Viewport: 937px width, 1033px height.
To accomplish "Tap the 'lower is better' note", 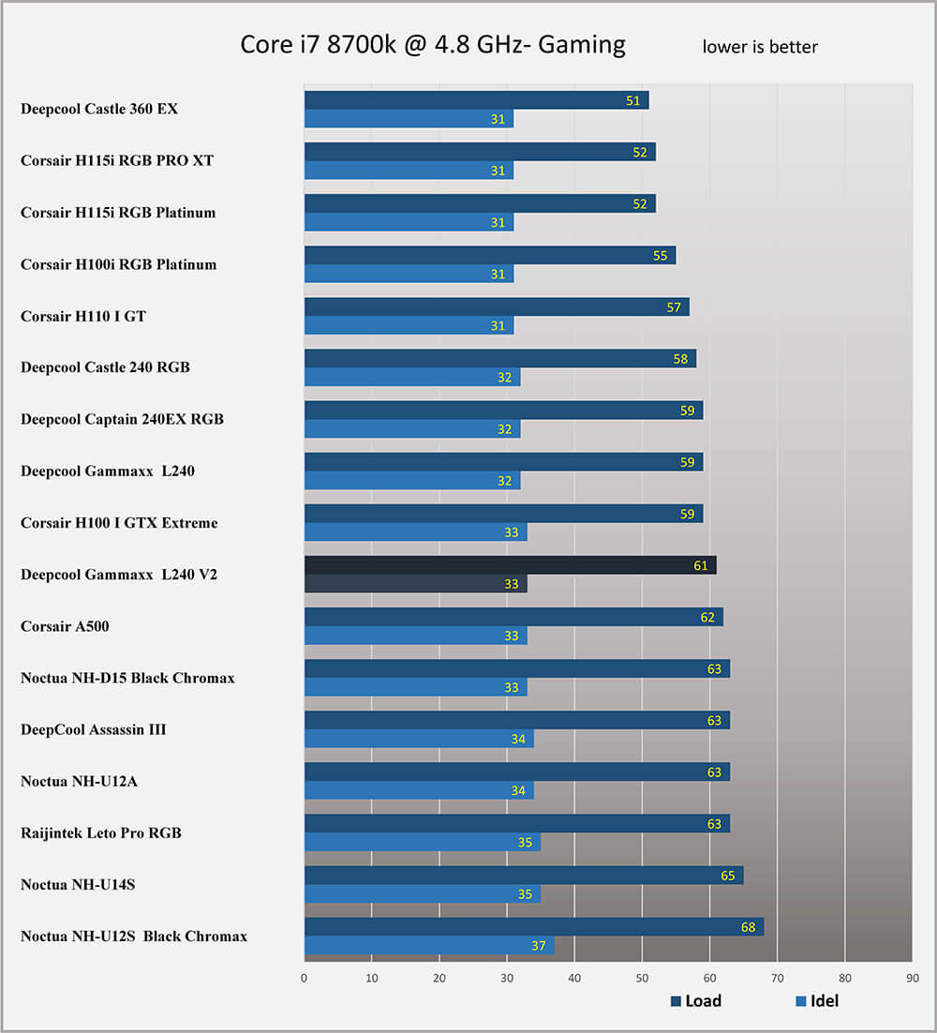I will [x=760, y=47].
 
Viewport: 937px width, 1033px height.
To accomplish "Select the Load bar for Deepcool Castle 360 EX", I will [x=476, y=100].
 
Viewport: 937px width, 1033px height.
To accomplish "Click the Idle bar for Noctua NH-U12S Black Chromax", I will [x=429, y=946].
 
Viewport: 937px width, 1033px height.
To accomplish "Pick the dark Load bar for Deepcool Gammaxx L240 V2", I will [x=510, y=565].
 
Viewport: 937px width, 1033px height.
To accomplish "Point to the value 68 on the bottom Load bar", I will [x=749, y=927].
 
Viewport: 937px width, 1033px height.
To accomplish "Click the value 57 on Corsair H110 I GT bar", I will [x=674, y=307].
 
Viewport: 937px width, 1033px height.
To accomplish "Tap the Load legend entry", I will [x=696, y=1001].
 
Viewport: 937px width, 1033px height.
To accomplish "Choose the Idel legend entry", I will [x=817, y=1001].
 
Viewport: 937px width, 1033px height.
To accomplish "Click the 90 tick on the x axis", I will [x=913, y=978].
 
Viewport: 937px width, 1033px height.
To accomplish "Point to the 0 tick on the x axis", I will [x=305, y=978].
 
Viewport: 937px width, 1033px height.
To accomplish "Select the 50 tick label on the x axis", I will [x=642, y=978].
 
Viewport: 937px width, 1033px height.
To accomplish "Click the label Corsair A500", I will [x=65, y=626].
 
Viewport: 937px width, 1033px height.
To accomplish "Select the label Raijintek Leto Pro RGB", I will [x=101, y=832].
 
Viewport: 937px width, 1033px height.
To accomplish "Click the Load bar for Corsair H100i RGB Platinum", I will [x=489, y=255].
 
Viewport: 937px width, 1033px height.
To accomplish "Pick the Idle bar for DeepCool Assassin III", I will [x=419, y=739].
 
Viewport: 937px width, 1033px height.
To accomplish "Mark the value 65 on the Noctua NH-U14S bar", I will [x=728, y=876].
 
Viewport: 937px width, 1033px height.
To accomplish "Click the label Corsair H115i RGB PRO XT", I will [x=117, y=160].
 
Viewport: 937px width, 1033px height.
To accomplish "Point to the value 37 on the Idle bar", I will [x=538, y=946].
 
